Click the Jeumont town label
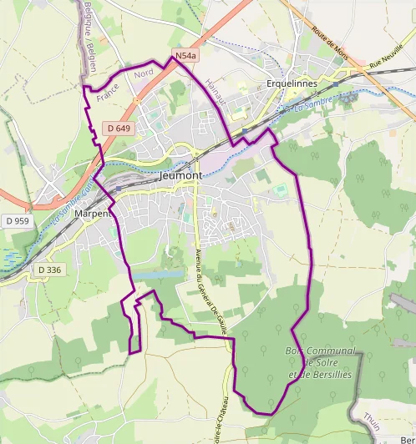pos(180,176)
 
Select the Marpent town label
pos(93,214)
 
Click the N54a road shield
pos(185,56)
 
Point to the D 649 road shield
pos(119,128)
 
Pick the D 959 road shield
pos(16,221)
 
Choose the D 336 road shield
pos(49,270)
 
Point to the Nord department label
pos(144,74)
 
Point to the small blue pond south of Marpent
pos(158,275)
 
